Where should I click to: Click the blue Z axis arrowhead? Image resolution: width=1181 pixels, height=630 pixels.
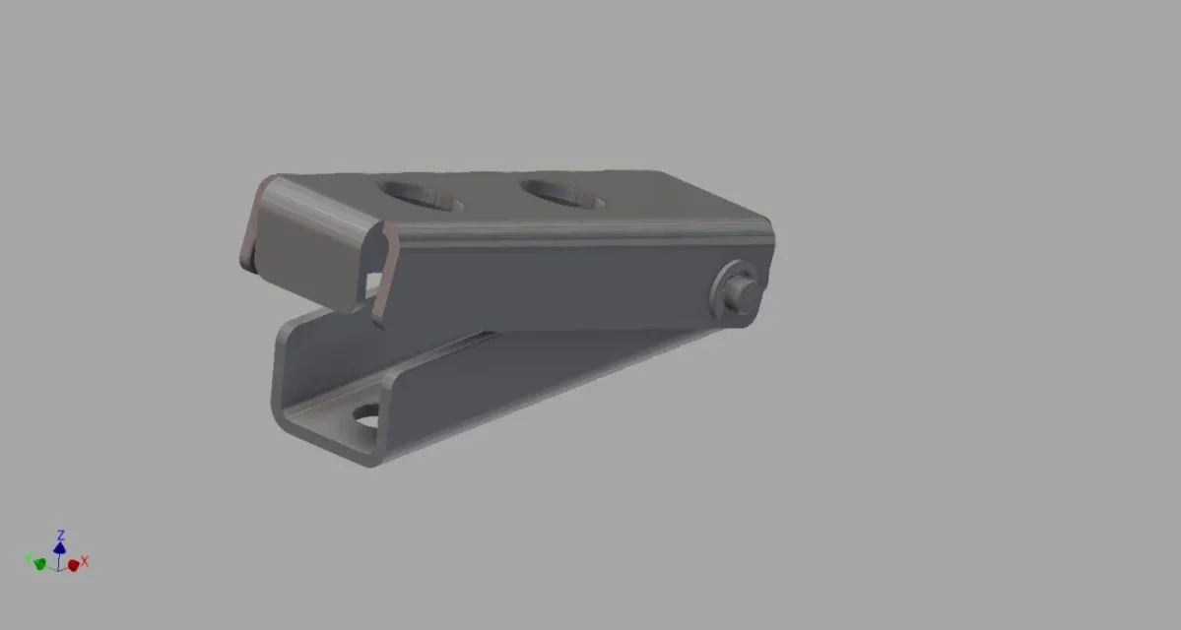(59, 548)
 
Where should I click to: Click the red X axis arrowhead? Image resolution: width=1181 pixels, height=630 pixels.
(73, 564)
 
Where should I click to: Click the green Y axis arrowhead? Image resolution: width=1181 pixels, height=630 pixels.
(40, 564)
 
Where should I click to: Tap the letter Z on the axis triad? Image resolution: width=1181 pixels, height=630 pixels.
(60, 535)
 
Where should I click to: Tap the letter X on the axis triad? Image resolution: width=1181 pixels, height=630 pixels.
(85, 561)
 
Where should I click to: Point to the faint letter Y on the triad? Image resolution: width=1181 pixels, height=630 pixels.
(28, 558)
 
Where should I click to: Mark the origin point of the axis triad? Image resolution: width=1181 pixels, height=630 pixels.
(59, 569)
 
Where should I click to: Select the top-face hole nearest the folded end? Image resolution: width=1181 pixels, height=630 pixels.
(421, 195)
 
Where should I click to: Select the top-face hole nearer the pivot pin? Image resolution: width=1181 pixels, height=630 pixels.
(561, 194)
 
